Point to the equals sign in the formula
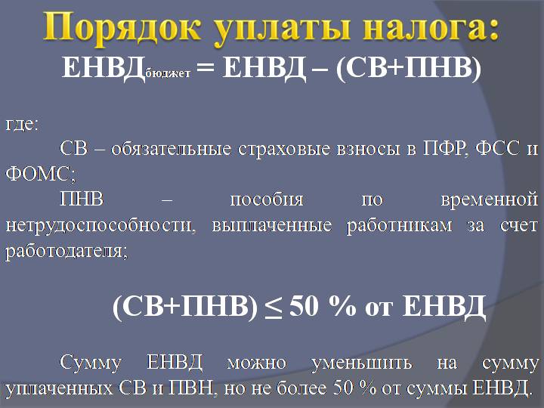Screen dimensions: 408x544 pyautogui.click(x=209, y=70)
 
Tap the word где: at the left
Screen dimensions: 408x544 pyautogui.click(x=22, y=124)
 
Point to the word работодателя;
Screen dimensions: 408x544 pyautogui.click(x=66, y=252)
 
